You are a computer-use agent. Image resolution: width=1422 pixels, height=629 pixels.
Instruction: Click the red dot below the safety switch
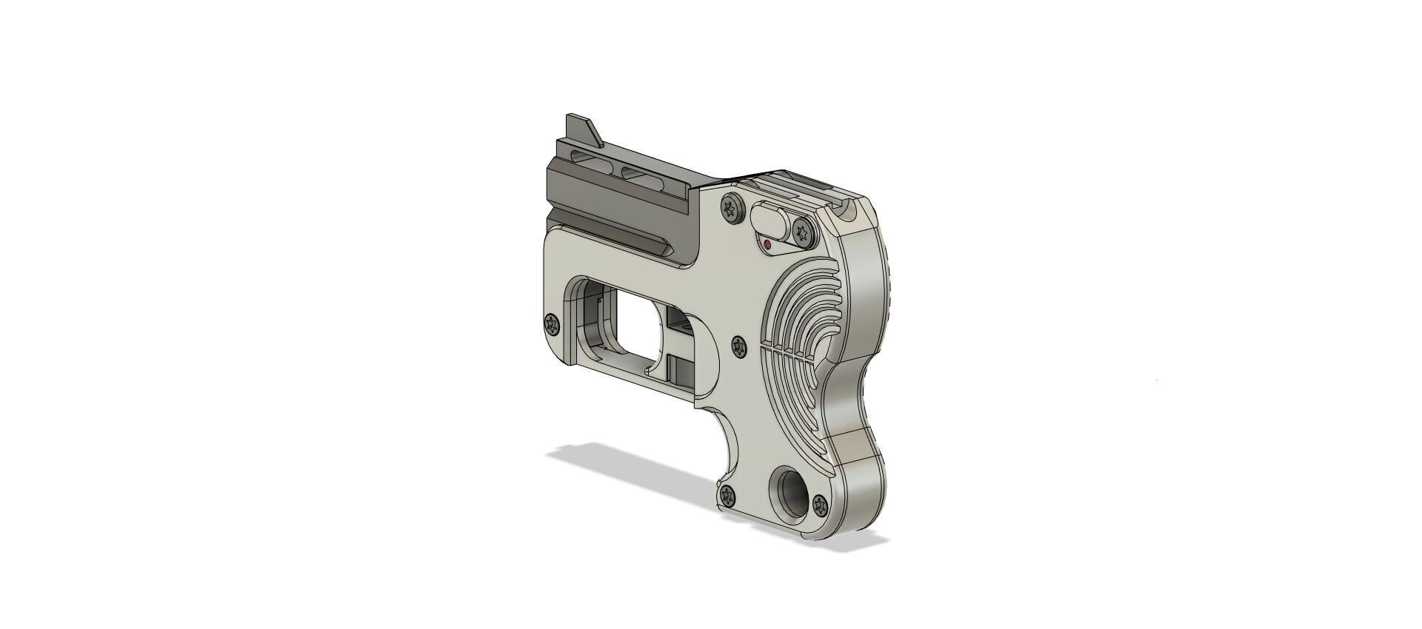(767, 244)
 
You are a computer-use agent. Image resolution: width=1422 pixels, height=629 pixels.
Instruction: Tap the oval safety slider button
(770, 219)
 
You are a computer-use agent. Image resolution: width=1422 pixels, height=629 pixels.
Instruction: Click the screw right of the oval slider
(803, 232)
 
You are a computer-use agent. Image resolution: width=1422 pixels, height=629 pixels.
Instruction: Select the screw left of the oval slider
(732, 209)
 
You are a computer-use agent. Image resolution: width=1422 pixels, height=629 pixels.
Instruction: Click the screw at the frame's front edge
(552, 324)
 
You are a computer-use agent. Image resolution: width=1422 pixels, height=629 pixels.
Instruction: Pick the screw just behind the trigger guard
(739, 346)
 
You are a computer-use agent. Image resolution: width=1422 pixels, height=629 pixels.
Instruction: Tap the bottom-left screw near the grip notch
(727, 496)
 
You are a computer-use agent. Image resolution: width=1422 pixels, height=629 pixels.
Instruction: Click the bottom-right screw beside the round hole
(820, 506)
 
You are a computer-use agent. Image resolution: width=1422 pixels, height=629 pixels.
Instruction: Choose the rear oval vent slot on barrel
(638, 174)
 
